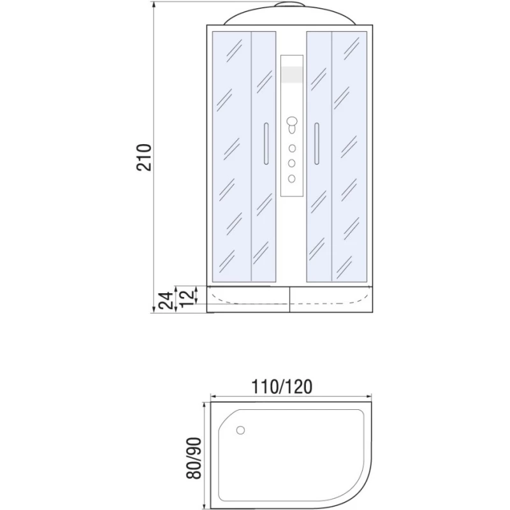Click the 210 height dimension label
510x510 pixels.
pos(144,157)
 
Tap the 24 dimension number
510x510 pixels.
pos(166,300)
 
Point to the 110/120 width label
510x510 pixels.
pos(282,386)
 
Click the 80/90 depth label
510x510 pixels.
pos(194,458)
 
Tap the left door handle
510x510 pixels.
pos(266,143)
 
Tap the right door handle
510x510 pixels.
pos(316,143)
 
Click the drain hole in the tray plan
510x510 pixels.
pos(240,430)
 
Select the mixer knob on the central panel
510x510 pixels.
pos(292,125)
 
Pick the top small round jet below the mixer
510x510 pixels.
pos(292,149)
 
